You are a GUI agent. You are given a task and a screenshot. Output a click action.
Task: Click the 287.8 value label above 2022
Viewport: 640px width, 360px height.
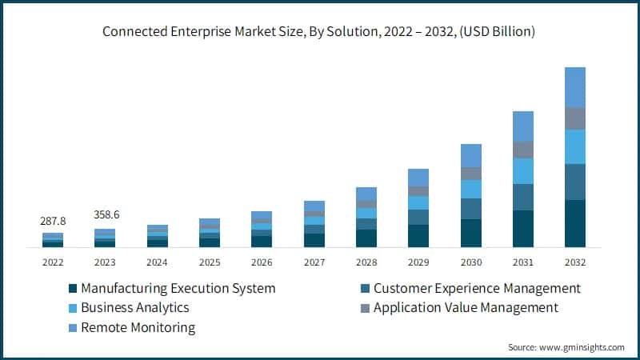pos(53,220)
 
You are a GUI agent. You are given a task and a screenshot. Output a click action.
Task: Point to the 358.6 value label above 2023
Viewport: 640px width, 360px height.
pos(105,215)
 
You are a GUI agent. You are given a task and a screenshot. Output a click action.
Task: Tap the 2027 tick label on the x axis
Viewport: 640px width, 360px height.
pos(314,262)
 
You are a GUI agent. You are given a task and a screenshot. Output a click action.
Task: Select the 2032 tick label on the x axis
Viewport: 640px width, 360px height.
pos(575,262)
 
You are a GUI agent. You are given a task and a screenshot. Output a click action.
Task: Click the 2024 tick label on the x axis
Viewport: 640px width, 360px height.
pos(158,262)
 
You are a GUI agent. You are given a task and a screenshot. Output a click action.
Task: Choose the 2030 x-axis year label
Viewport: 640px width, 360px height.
pos(471,262)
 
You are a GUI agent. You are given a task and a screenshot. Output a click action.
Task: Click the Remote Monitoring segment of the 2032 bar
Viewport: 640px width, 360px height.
pos(575,87)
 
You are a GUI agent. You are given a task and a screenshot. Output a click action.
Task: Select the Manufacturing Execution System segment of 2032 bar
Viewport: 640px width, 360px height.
pos(575,223)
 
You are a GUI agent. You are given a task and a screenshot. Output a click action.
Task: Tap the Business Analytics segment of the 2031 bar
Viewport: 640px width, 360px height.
pos(523,171)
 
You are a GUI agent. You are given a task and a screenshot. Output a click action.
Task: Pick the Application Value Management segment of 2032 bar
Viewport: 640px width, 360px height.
pos(575,118)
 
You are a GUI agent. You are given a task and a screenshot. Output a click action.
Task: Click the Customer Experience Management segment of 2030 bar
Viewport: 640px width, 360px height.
pos(471,209)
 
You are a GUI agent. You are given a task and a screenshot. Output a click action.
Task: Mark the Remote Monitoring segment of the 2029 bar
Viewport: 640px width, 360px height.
pos(418,178)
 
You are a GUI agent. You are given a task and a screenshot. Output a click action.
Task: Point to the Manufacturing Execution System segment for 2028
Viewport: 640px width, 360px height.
pos(366,238)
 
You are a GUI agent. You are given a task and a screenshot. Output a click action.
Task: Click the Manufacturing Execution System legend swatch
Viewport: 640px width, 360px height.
pos(74,288)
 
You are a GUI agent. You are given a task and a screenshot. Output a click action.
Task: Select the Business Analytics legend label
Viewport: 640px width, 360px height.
pos(135,307)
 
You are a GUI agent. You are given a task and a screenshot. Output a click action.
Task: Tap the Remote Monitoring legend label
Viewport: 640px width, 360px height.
pos(139,327)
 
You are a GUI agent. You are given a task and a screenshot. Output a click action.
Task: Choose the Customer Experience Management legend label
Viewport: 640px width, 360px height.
pos(477,288)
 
